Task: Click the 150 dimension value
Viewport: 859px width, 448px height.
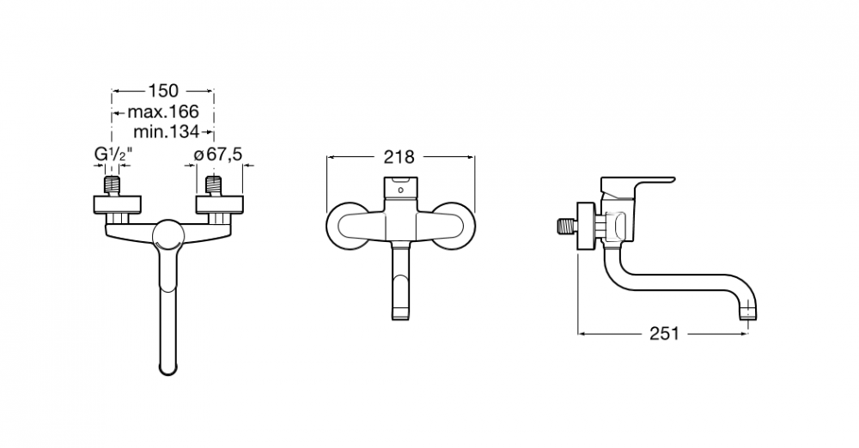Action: click(163, 90)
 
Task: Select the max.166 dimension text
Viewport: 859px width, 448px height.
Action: click(163, 112)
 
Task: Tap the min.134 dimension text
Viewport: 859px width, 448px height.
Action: click(167, 131)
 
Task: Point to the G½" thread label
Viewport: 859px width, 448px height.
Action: click(113, 155)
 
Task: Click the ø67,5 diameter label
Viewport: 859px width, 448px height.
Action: click(218, 154)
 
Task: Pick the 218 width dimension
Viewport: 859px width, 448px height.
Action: click(399, 157)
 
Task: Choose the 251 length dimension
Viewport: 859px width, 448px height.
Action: click(664, 333)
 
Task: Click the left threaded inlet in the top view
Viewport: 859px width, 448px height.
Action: click(113, 185)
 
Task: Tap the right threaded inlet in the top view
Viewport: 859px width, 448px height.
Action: click(214, 185)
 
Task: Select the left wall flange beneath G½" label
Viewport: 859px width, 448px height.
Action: click(117, 203)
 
